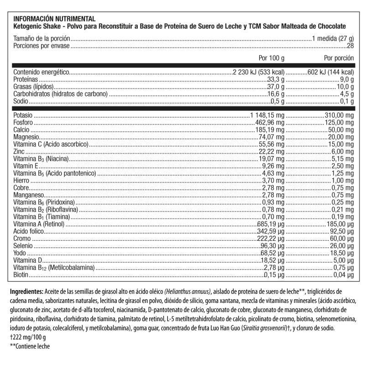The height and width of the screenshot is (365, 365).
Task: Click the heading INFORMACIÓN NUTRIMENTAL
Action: (x=55, y=19)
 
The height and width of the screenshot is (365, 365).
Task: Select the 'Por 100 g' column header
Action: (x=271, y=58)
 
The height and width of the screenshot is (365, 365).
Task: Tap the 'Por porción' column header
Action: (x=339, y=58)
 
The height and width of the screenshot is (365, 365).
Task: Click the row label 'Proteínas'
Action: (x=26, y=79)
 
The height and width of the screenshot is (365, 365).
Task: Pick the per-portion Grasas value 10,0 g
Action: (x=345, y=87)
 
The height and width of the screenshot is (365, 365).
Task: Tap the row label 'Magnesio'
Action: (x=26, y=137)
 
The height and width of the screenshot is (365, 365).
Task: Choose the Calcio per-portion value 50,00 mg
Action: (x=341, y=130)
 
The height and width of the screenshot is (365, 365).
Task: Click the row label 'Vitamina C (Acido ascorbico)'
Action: (x=50, y=144)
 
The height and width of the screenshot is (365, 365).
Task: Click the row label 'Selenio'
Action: (x=23, y=246)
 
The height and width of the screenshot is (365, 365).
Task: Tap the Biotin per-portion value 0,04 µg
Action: (x=343, y=275)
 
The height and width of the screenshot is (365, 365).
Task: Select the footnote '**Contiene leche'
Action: (x=30, y=347)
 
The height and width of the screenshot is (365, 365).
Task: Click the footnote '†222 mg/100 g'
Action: (x=28, y=338)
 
